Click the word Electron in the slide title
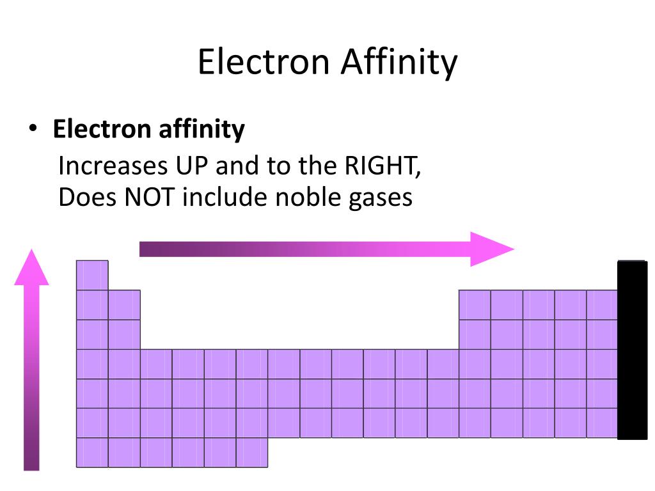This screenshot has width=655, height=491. click(x=263, y=63)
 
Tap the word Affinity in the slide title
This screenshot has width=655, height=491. click(x=399, y=63)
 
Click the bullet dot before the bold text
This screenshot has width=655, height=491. click(x=32, y=129)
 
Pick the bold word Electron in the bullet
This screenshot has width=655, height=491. click(x=101, y=129)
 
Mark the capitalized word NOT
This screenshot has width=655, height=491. click(x=145, y=197)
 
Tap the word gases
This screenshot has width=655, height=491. click(x=379, y=198)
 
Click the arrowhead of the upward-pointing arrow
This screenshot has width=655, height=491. click(x=31, y=269)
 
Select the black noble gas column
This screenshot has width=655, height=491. click(x=632, y=350)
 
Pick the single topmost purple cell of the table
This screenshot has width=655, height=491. click(x=92, y=275)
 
